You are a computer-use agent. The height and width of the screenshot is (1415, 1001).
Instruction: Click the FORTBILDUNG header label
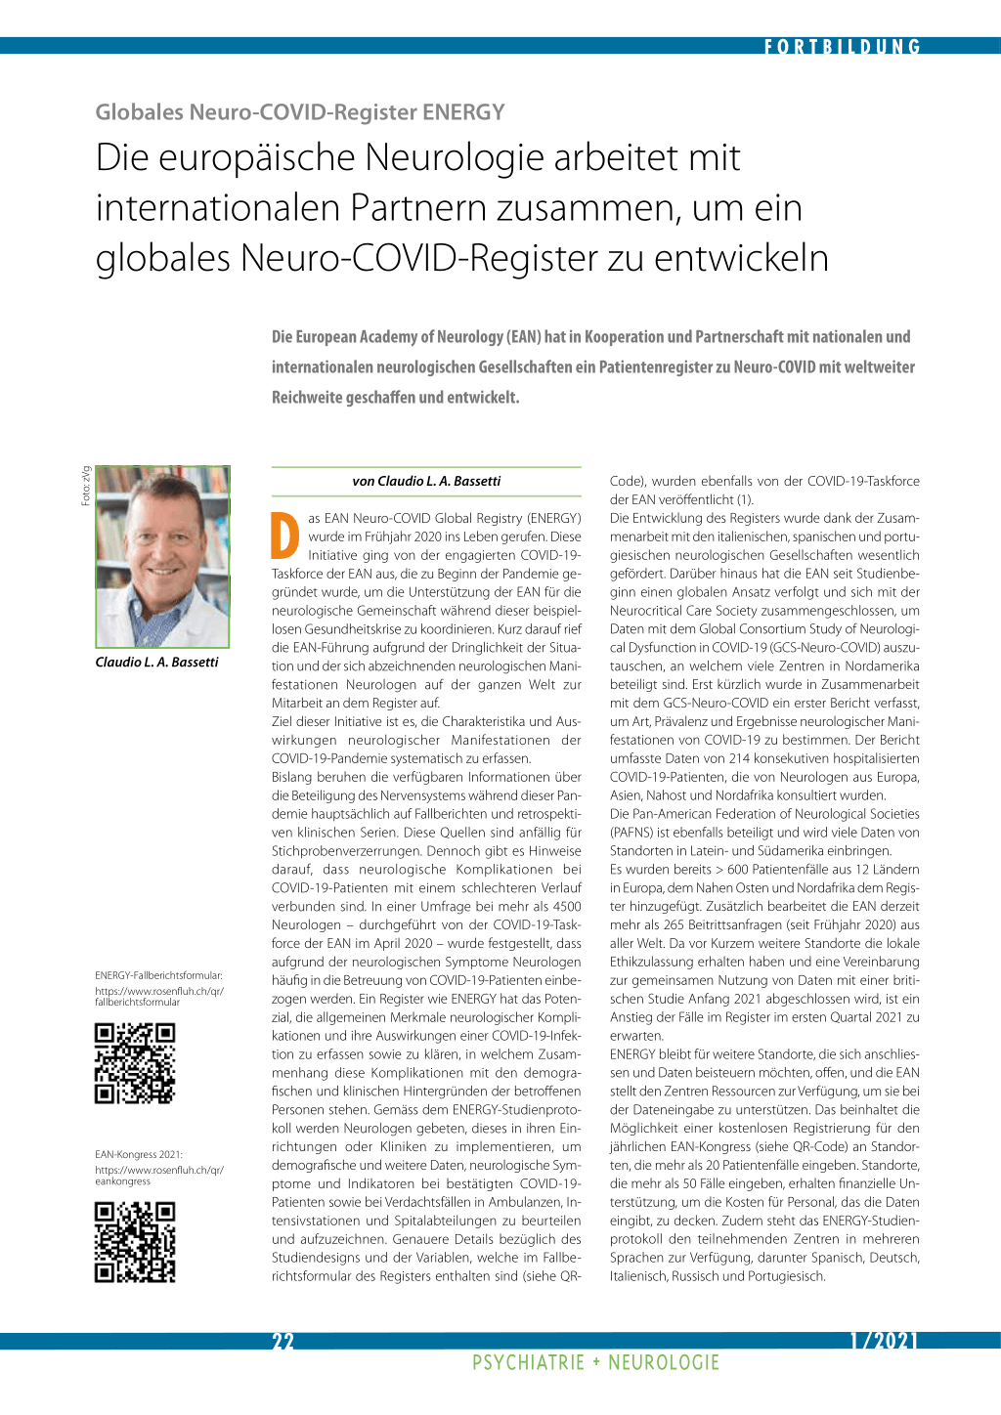[x=842, y=46]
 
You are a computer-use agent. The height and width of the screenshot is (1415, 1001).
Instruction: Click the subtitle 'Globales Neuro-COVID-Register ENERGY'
[x=300, y=112]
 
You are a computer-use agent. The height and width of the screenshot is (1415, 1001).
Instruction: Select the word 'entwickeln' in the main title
[x=741, y=259]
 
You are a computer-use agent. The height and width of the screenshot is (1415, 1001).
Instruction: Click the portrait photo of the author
[x=162, y=556]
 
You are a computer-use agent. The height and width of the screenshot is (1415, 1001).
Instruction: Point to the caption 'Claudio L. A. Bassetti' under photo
[x=156, y=663]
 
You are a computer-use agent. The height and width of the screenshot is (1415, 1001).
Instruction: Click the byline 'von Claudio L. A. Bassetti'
[x=426, y=481]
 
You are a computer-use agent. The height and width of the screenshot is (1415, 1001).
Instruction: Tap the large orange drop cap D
[x=285, y=536]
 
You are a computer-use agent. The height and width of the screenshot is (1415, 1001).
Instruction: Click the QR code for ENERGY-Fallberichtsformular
[x=135, y=1063]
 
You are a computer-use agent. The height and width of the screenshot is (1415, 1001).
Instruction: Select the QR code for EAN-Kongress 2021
[x=135, y=1242]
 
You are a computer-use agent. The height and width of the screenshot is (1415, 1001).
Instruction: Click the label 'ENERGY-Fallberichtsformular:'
[x=158, y=975]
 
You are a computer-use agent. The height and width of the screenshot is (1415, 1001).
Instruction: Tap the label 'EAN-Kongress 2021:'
[x=139, y=1155]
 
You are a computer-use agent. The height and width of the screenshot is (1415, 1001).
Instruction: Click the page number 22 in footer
[x=283, y=1341]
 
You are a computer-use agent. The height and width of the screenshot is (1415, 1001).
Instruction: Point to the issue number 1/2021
[x=884, y=1341]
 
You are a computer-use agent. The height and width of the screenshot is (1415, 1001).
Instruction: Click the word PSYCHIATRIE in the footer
[x=528, y=1363]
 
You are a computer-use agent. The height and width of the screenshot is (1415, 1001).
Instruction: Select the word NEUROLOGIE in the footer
[x=664, y=1363]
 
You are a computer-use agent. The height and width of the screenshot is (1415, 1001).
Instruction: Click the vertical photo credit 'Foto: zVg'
[x=86, y=486]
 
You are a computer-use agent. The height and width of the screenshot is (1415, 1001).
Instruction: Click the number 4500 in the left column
[x=567, y=907]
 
